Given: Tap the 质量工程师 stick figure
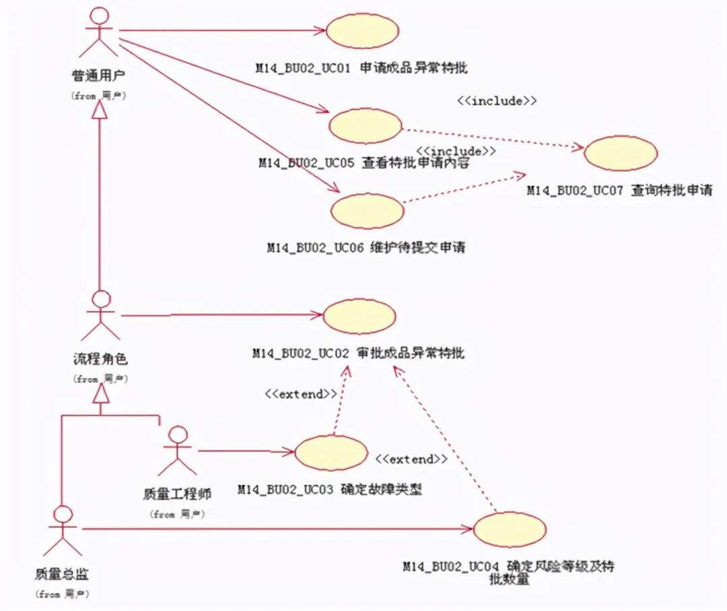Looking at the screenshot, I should click(x=178, y=451).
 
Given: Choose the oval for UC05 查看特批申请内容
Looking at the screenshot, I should click(x=365, y=126).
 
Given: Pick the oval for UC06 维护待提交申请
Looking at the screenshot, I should click(x=367, y=210).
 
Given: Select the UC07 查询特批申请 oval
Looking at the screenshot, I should click(x=620, y=154).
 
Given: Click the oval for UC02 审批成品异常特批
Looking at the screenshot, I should click(x=359, y=315).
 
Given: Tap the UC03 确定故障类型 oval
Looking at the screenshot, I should click(x=331, y=452).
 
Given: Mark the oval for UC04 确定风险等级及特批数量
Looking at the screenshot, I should click(x=510, y=529).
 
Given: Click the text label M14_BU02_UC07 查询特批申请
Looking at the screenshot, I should click(x=619, y=191).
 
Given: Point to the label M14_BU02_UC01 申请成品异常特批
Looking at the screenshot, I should click(x=361, y=68).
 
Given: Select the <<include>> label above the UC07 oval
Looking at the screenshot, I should click(x=497, y=101).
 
